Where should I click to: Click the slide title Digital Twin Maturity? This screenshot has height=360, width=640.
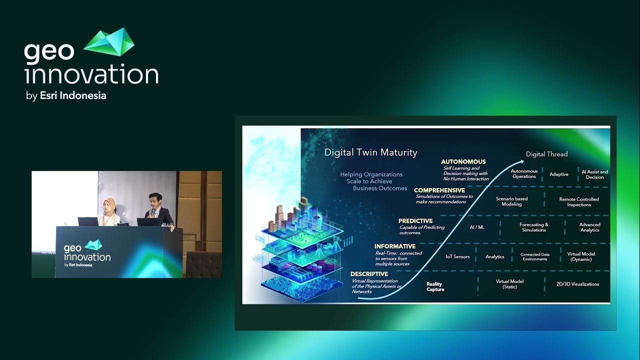(370, 152)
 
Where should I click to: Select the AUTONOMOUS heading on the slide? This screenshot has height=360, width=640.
(463, 162)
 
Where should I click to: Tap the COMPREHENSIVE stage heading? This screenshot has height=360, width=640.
(439, 190)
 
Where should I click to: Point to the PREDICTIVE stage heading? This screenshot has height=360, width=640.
(415, 221)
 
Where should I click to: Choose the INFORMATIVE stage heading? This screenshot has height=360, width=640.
(395, 246)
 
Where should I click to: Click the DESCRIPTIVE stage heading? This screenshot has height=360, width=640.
(369, 274)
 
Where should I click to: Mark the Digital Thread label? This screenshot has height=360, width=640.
(546, 154)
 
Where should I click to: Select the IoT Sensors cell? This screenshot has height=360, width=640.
(457, 256)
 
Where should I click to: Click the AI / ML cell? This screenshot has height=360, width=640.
(477, 227)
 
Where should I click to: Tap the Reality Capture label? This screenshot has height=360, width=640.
(435, 286)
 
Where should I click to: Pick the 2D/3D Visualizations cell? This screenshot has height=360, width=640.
(577, 284)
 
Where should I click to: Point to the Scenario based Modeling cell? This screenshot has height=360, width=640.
(511, 201)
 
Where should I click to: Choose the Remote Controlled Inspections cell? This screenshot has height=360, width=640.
(579, 202)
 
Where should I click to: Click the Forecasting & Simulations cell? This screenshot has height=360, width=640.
(533, 227)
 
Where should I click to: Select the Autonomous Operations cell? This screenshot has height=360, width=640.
(524, 174)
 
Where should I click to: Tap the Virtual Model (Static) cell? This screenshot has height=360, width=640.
(509, 284)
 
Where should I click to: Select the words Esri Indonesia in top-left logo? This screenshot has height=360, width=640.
(73, 95)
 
